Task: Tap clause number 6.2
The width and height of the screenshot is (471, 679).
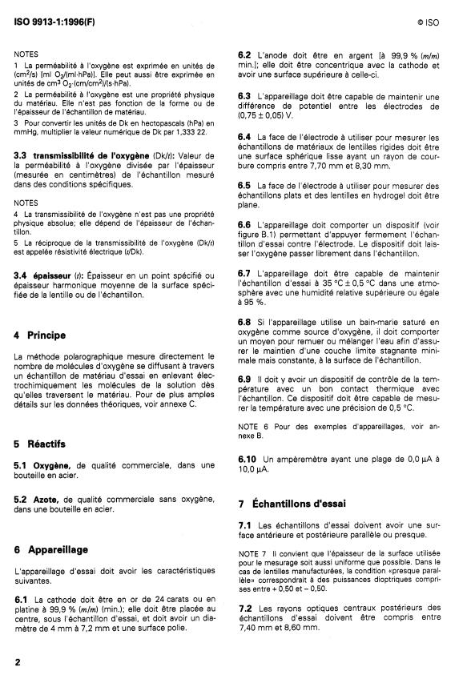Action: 246,54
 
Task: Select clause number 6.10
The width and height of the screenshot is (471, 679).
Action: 248,458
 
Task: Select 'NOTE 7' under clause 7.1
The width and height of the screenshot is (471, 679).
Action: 254,552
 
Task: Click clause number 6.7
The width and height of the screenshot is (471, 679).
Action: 245,272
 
